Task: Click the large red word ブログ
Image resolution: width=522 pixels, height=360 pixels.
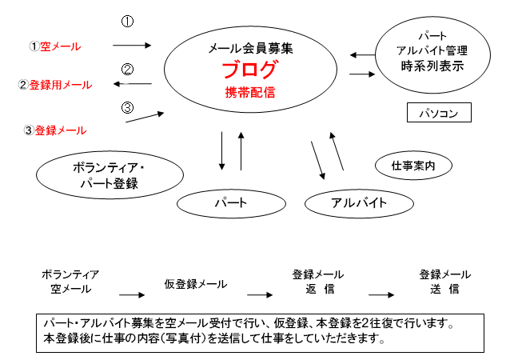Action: pos(249,70)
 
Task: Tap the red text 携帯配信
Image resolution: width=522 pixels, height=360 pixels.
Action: pos(250,92)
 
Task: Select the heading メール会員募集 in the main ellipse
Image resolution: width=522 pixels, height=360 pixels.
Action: pos(250,49)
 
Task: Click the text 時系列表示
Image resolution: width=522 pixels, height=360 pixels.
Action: pos(432,66)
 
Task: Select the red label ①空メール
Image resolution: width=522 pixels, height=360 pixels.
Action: pos(55,46)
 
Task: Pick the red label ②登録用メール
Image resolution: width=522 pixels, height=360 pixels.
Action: pos(55,85)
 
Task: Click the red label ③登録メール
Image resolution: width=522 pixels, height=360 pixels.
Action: pos(55,130)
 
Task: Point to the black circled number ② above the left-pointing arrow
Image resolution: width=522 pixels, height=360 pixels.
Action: pos(127,70)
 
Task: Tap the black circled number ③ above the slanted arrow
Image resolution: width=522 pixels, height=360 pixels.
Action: pos(127,107)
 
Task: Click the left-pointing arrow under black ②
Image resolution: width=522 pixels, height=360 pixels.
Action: pos(133,84)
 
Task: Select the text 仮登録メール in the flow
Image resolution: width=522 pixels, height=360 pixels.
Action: pos(196,284)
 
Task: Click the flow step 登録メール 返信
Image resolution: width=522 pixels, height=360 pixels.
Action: pos(318,282)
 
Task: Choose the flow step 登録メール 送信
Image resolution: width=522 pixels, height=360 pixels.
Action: pos(445,282)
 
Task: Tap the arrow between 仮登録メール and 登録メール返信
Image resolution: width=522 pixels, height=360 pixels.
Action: pos(260,294)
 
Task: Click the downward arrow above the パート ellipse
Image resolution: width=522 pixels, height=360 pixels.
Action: pos(221,151)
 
